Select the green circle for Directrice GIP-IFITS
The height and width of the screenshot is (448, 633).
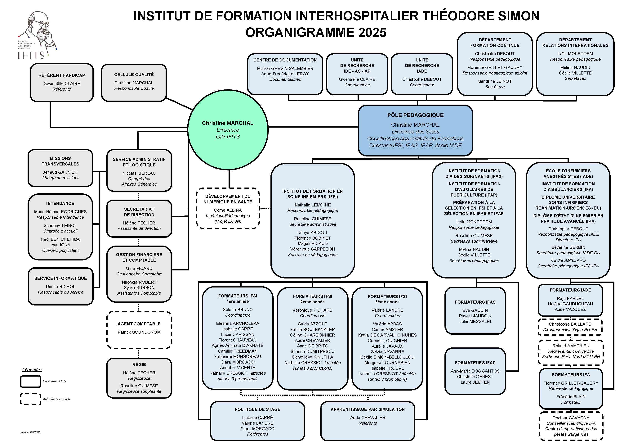tap(228, 130)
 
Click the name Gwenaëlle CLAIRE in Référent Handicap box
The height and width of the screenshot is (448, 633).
tap(62, 84)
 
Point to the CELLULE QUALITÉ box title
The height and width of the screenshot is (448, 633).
tap(134, 75)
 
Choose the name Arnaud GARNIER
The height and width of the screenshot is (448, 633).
tap(60, 172)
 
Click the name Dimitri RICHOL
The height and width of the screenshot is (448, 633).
tap(60, 287)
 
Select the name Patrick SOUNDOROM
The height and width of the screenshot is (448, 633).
tap(139, 332)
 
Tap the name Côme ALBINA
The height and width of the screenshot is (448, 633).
tap(228, 210)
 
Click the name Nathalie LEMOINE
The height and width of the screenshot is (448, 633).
tap(313, 205)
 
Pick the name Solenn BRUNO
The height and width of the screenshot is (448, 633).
tap(238, 310)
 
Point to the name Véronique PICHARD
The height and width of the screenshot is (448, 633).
tap(312, 310)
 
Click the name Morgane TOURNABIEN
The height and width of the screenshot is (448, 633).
tap(387, 363)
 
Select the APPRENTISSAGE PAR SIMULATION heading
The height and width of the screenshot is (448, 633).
tap(368, 409)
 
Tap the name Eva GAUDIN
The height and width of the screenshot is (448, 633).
tap(475, 310)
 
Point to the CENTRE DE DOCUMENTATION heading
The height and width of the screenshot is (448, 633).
tap(285, 60)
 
